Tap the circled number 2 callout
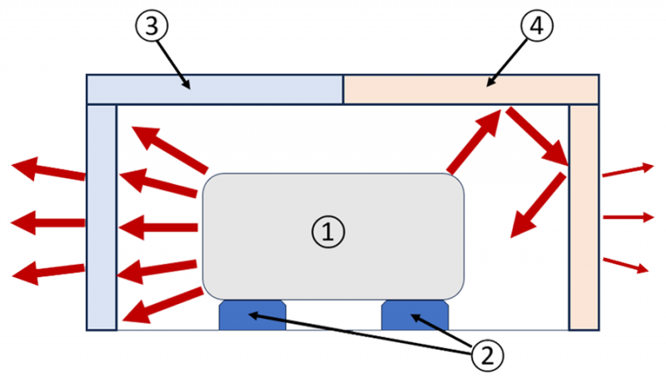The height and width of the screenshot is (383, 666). click(x=488, y=356)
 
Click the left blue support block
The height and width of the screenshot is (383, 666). click(x=252, y=316)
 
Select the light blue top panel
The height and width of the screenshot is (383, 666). click(x=215, y=90)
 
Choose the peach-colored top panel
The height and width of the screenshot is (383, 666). click(x=470, y=90)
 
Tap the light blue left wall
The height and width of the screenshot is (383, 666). click(x=101, y=216)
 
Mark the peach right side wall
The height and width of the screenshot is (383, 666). click(x=584, y=216)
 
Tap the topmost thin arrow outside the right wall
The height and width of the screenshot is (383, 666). click(x=628, y=172)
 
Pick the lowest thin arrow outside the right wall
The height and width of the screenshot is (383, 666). click(x=626, y=265)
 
